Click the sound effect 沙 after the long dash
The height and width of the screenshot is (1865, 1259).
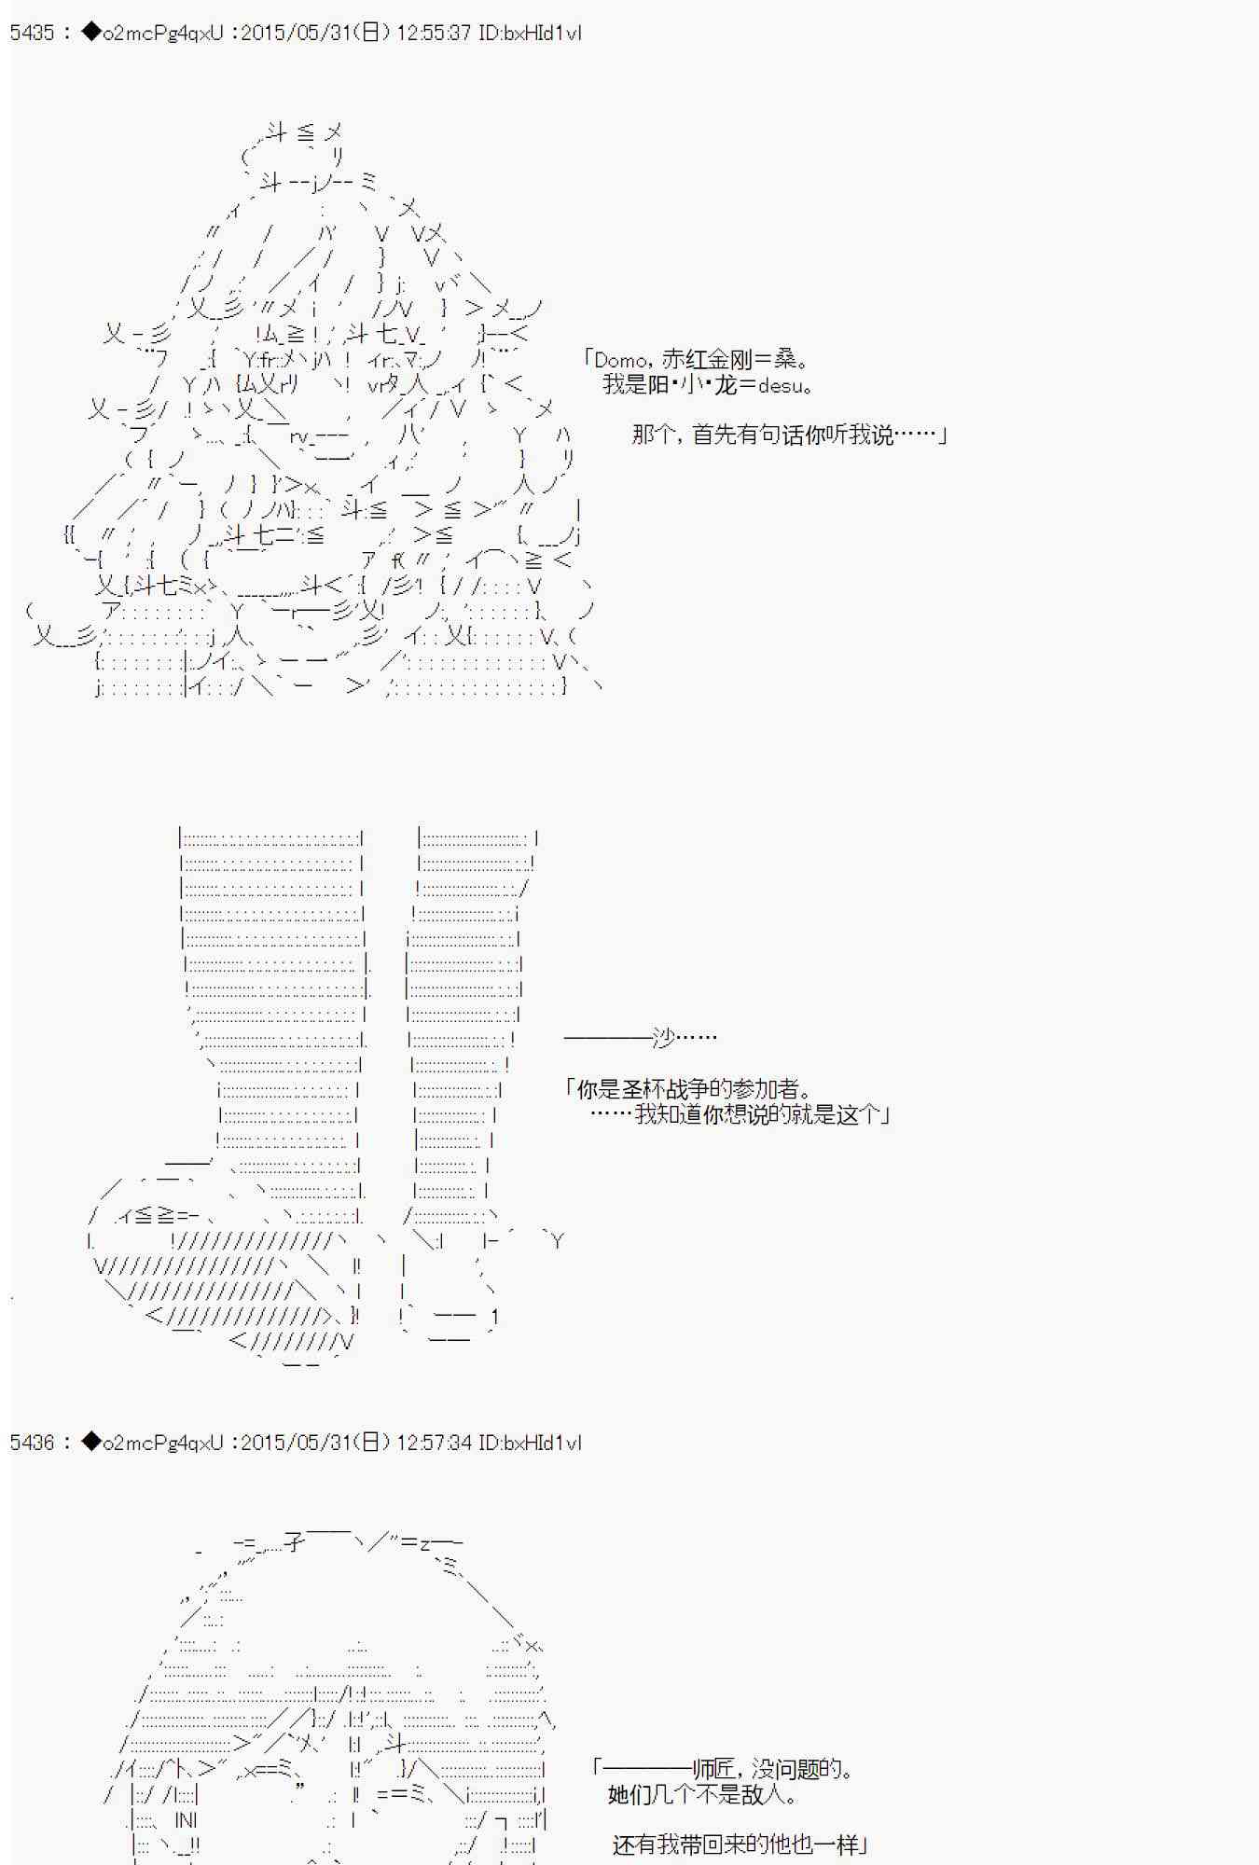[x=663, y=1037]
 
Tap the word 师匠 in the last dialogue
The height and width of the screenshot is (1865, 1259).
[x=715, y=1768]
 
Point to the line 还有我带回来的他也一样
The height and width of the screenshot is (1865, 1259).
[x=736, y=1844]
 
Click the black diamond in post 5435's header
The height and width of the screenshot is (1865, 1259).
[x=90, y=33]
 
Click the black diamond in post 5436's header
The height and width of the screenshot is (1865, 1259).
[x=90, y=1442]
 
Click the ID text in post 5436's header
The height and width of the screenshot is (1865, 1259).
[x=530, y=1443]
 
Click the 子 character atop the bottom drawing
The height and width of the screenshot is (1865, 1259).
[x=294, y=1542]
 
